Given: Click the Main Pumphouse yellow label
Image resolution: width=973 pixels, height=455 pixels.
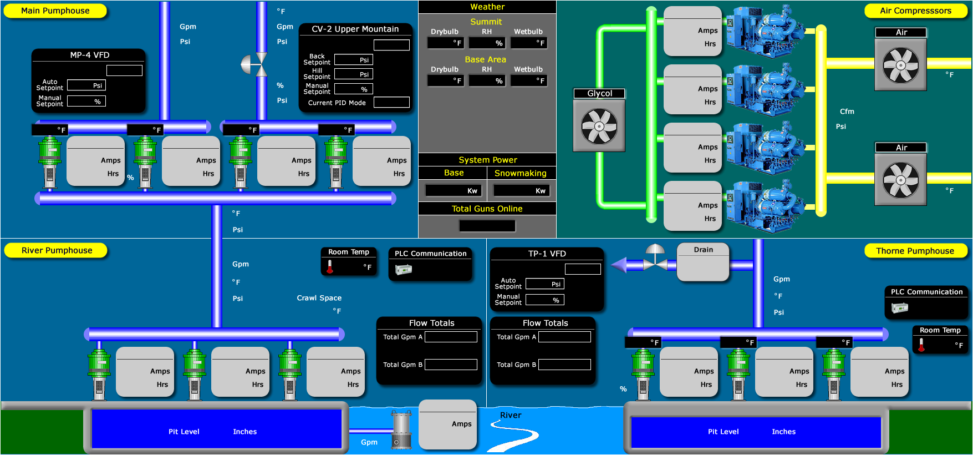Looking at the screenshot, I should click(x=55, y=11).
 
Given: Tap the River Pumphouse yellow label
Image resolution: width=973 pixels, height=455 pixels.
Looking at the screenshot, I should click(x=57, y=250).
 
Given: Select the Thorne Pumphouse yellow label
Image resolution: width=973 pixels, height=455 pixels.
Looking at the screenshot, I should click(x=915, y=251).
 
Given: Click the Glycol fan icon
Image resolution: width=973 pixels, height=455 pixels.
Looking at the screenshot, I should click(x=599, y=125).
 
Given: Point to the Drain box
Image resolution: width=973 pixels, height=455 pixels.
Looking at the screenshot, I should click(x=703, y=262).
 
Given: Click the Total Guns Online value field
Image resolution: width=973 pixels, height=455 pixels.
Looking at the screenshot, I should click(x=487, y=226).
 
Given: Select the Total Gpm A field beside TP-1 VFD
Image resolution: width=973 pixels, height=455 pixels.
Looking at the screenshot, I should click(x=564, y=337).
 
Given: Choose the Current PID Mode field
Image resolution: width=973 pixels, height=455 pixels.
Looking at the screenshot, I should click(x=391, y=103).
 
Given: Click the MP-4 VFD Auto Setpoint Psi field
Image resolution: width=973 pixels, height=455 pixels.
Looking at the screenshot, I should click(x=86, y=85).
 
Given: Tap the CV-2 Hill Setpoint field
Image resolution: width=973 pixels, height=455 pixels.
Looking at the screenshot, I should click(x=354, y=74).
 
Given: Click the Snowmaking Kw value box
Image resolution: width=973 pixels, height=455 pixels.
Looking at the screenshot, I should click(x=521, y=191).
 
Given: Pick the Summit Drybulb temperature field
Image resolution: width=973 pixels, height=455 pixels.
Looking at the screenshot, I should click(x=446, y=43).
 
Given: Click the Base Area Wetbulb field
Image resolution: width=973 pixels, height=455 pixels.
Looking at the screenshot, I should click(x=529, y=80).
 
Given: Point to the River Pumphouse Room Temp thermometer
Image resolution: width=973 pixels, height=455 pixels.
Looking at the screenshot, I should click(x=330, y=267).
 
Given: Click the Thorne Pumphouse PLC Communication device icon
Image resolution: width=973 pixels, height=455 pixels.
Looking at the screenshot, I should click(x=900, y=307).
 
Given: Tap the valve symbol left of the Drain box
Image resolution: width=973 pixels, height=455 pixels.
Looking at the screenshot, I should click(x=655, y=261).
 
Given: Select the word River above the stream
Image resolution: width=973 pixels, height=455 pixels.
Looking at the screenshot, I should click(x=511, y=415).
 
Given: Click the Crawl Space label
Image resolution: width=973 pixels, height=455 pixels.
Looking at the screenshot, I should click(x=319, y=298).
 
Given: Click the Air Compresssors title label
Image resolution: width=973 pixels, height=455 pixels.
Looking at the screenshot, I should click(x=915, y=11).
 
